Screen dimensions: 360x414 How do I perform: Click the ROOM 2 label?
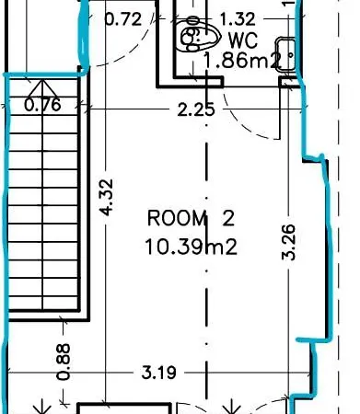coord(191,218)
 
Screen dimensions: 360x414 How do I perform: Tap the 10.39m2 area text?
coord(191,247)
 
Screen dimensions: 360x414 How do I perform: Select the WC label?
coord(243,40)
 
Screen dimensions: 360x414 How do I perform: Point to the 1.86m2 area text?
coord(242,60)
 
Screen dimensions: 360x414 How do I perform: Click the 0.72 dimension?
coord(123,19)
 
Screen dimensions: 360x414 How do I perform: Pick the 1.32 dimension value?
coord(238,19)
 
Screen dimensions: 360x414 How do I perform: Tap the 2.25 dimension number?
coord(196,109)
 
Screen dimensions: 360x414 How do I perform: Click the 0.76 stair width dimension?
coord(42,105)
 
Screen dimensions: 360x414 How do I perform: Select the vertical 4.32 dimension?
coord(106,197)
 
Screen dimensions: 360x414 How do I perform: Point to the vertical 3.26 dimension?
coord(289,242)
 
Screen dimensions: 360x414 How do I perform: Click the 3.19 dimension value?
coord(159,373)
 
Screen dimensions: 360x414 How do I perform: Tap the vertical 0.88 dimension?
coord(64,362)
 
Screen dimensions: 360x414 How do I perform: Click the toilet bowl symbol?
coord(197,35)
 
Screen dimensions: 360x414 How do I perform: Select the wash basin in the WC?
coord(285,54)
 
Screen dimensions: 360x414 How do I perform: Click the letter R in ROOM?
coord(153,218)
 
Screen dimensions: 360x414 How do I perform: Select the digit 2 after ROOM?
coord(228,218)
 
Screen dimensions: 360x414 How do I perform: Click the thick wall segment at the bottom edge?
coord(124,406)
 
